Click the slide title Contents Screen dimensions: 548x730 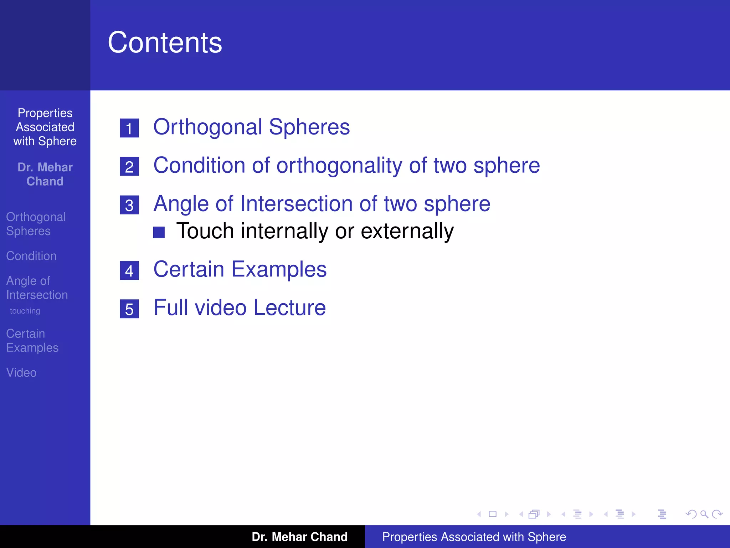point(165,43)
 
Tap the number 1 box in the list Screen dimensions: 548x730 point(129,128)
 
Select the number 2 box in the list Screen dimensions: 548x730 point(129,167)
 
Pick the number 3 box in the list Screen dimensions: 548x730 point(129,205)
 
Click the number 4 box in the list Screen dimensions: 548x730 point(129,271)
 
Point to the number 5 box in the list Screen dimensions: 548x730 point(129,309)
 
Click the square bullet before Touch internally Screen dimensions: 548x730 point(159,232)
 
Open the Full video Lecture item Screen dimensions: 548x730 point(240,308)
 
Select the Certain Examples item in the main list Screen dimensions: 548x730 point(240,269)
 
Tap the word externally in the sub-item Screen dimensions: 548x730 point(407,231)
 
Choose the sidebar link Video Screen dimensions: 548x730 point(21,372)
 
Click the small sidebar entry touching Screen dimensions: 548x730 point(25,311)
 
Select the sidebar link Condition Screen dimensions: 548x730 point(31,256)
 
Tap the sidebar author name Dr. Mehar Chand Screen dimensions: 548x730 point(45,174)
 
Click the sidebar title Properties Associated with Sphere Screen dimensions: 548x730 point(45,127)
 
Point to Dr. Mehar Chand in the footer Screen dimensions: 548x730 point(299,537)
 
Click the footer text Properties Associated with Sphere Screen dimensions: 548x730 point(474,537)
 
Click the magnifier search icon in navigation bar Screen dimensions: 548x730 point(704,514)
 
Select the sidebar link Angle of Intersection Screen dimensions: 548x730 point(37,288)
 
